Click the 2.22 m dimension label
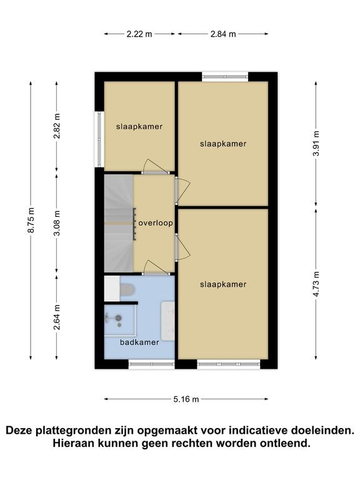[139, 34]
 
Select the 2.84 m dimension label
[223, 34]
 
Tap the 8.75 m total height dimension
[31, 220]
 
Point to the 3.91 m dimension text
[316, 143]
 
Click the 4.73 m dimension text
[316, 284]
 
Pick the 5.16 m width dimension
[186, 399]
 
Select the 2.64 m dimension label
[57, 317]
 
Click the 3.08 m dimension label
[57, 223]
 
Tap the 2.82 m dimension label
[57, 126]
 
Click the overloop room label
[156, 223]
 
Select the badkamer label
[139, 342]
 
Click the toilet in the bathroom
[127, 290]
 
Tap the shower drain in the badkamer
[119, 325]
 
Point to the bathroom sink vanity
[167, 321]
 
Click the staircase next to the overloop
[119, 223]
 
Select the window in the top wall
[225, 76]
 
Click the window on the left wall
[99, 139]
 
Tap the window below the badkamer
[151, 364]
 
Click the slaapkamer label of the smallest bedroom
[139, 126]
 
